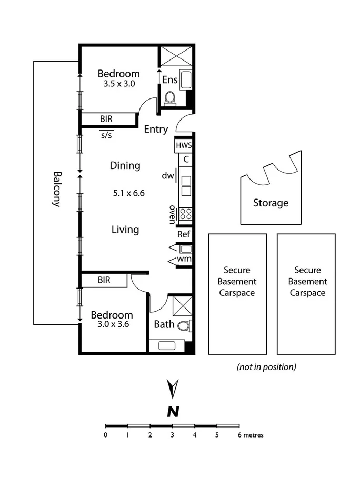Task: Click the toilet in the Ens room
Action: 170,98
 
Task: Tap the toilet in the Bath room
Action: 183,326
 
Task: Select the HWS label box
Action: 184,145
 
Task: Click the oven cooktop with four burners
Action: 186,214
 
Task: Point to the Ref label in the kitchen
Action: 184,234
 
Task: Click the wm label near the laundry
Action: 184,259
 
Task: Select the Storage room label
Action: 271,203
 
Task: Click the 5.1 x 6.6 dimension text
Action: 128,193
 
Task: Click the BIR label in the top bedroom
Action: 106,120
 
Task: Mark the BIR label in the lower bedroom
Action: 104,280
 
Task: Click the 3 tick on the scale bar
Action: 172,435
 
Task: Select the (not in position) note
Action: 266,366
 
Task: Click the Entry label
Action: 156,129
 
